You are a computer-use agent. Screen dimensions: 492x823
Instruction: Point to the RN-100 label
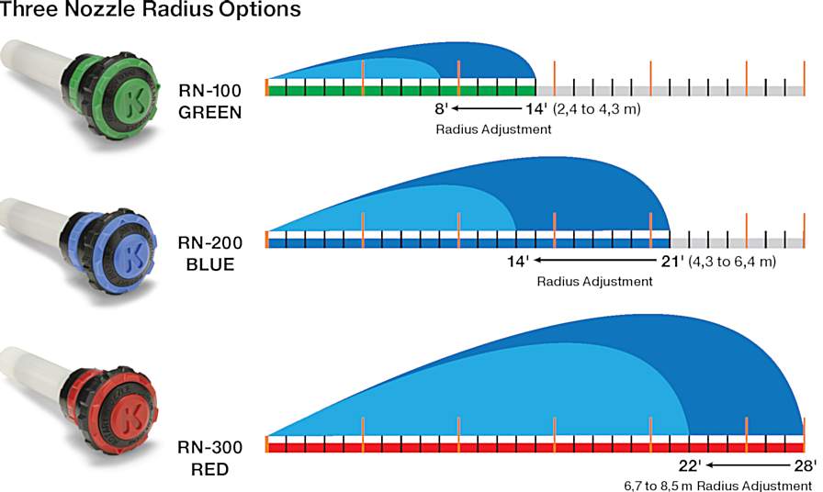pos(210,92)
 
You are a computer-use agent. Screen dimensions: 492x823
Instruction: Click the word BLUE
pos(210,263)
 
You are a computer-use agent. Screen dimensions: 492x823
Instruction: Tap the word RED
pos(210,470)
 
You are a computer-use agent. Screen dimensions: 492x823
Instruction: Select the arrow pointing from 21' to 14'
pos(597,261)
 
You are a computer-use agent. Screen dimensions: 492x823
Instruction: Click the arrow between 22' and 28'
pos(746,465)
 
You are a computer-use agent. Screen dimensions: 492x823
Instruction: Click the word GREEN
pos(210,112)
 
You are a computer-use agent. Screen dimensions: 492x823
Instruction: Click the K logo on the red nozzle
pos(133,410)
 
